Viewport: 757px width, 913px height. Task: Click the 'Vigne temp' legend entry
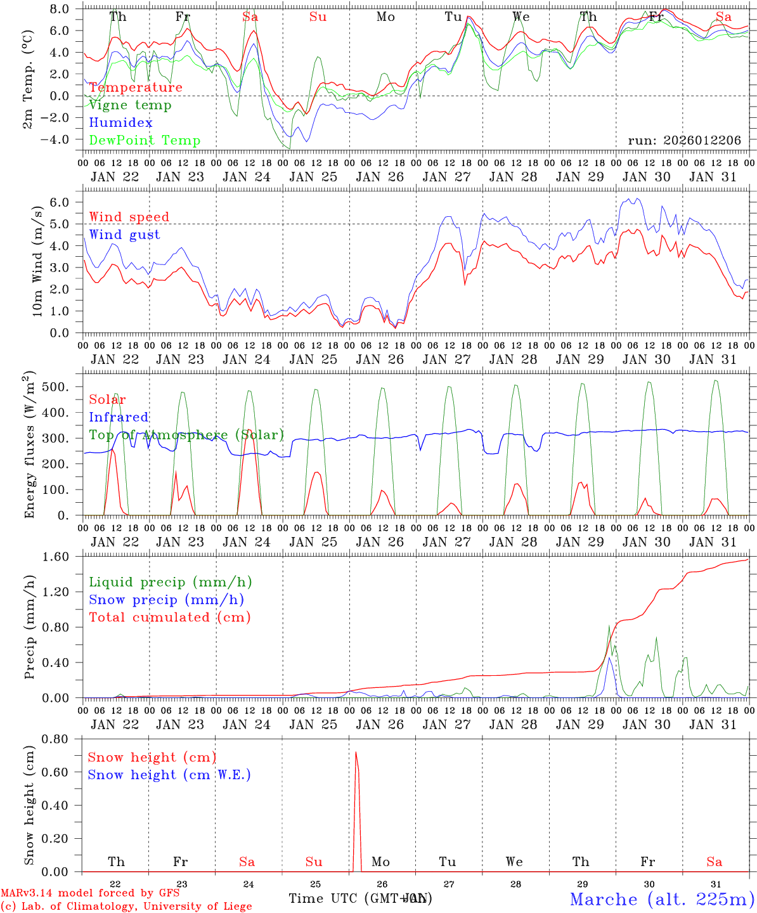point(130,105)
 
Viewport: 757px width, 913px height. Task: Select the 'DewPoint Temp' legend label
point(145,141)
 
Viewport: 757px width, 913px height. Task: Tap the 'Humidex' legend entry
point(120,123)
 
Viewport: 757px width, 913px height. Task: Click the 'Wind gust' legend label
point(124,235)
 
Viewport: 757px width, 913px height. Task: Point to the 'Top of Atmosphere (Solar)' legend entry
point(186,435)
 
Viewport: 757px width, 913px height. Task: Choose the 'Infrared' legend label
point(119,417)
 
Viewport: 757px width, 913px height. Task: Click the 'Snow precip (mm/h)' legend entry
point(166,600)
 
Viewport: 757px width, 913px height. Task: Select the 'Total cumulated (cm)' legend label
point(169,618)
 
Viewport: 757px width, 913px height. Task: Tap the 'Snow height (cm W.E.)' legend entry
point(169,775)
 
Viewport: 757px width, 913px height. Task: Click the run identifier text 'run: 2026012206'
point(684,141)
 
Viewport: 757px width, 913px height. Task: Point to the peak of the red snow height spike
point(356,753)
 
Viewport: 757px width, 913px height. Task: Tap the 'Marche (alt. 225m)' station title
point(661,899)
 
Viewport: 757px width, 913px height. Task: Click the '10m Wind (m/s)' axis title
point(37,261)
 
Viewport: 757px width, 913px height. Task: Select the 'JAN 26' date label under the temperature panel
point(380,177)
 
